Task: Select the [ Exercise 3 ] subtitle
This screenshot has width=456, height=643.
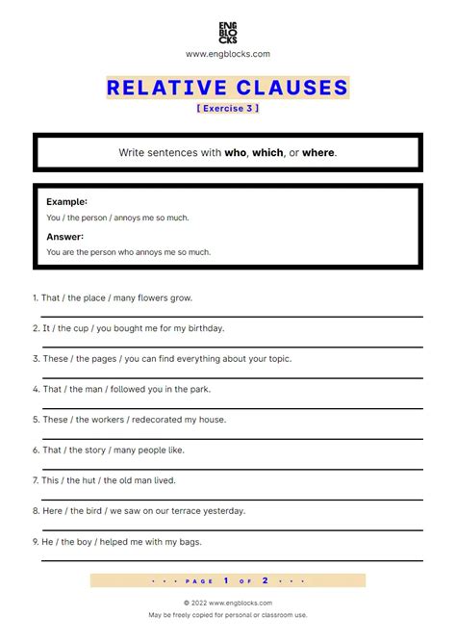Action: tap(228, 108)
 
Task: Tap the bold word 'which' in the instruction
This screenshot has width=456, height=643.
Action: tap(267, 153)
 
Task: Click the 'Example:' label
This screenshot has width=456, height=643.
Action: tap(66, 202)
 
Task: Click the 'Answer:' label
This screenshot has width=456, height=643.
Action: tap(64, 237)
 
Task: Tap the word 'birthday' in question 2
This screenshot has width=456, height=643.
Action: tap(203, 328)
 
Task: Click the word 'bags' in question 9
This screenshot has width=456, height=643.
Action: tap(190, 542)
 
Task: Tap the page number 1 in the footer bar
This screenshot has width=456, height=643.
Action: tap(224, 580)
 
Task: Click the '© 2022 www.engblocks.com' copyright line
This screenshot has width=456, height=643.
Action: tap(228, 603)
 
